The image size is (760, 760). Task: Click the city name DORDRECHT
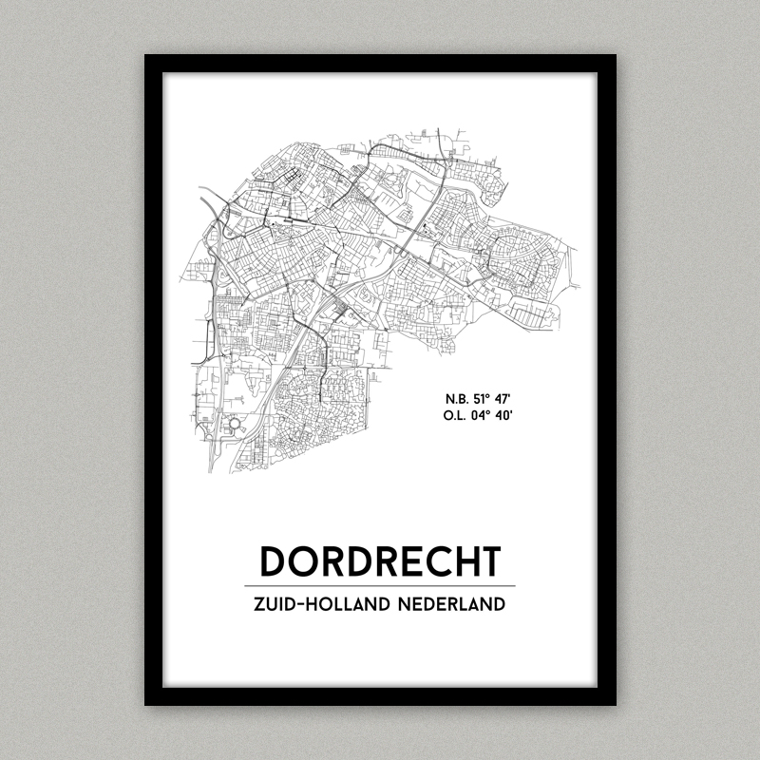(x=380, y=560)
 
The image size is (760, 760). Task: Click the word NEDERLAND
(x=450, y=604)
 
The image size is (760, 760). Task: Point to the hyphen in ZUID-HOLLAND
(x=304, y=605)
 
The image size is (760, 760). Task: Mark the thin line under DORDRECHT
(x=380, y=585)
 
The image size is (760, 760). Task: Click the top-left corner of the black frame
(x=146, y=56)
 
